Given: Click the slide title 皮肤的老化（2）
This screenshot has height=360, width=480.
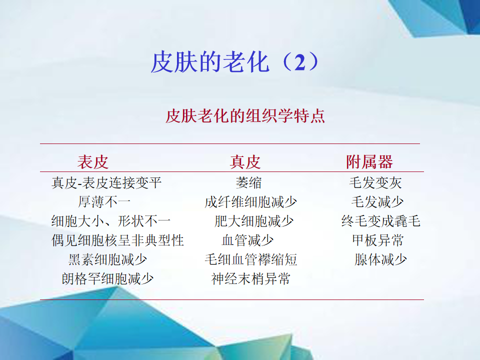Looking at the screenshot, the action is (x=235, y=62).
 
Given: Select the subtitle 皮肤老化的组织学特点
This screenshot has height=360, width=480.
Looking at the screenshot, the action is (x=245, y=116).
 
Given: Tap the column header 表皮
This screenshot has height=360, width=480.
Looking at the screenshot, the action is (x=93, y=161).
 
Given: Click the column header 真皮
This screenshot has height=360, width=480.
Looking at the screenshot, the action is (x=245, y=161).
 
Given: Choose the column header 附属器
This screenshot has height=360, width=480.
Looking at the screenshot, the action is (x=369, y=161).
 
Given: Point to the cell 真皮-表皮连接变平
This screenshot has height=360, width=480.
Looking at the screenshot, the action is (x=106, y=183).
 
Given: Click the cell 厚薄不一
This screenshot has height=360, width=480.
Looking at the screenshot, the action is (x=104, y=202).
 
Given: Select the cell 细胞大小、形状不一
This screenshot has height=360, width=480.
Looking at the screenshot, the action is (x=111, y=221).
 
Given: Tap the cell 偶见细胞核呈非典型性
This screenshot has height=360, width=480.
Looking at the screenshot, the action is (x=118, y=240).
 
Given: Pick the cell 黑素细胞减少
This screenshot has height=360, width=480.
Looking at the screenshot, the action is (x=108, y=259).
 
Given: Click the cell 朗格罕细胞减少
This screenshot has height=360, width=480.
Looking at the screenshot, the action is (x=108, y=278).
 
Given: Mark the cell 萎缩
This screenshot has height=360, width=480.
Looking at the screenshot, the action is (x=248, y=183).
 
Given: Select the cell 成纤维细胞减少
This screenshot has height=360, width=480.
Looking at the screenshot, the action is (x=250, y=202).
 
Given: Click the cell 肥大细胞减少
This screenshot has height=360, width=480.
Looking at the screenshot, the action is (x=254, y=221).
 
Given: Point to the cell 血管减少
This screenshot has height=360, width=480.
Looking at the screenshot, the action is (x=247, y=240).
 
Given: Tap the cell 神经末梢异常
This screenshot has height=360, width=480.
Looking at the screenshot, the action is (x=250, y=278).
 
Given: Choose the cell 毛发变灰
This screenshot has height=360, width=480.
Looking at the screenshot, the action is (x=375, y=183).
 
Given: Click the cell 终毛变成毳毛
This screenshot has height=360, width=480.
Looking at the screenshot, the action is (x=381, y=221).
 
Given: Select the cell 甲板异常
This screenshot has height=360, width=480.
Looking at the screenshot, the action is (x=378, y=240).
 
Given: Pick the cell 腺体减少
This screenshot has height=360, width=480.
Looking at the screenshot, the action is (x=380, y=259).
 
